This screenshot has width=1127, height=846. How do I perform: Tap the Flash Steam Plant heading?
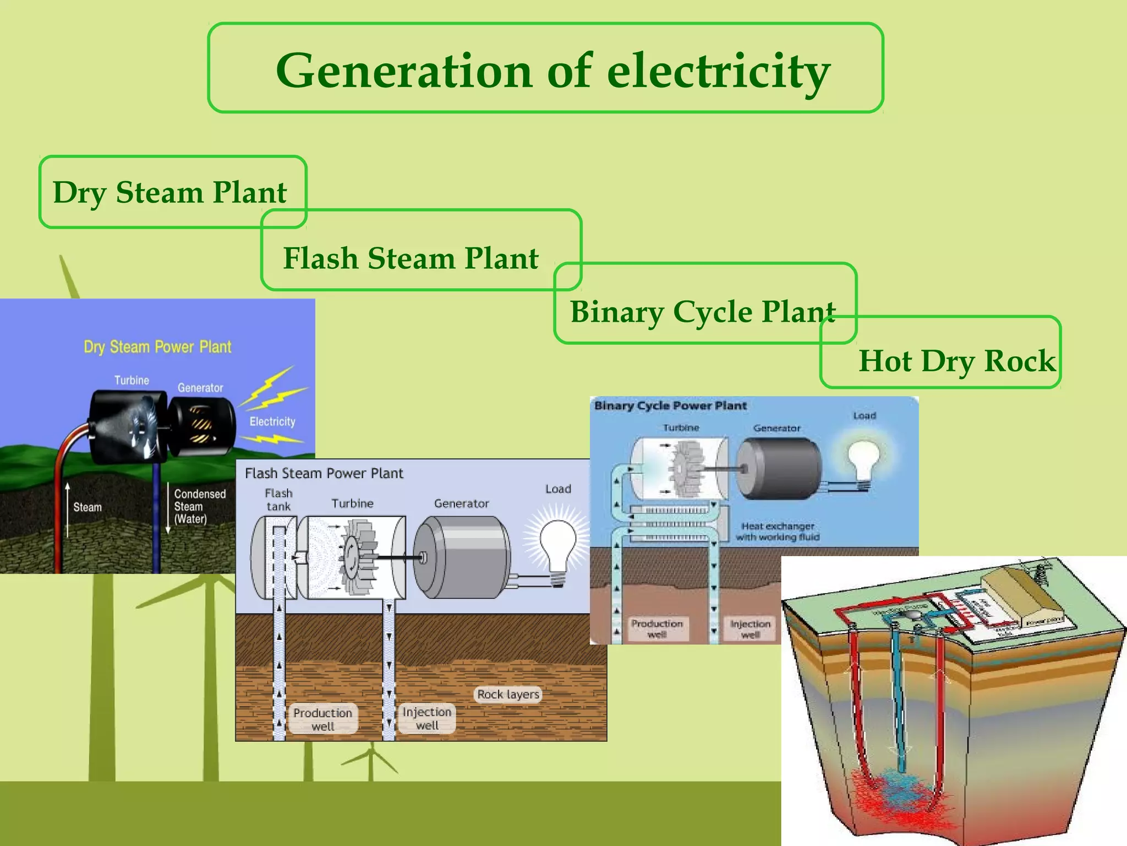tap(411, 258)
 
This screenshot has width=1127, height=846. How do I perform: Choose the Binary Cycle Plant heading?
tap(702, 312)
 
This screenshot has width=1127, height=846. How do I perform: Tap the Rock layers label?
tap(508, 694)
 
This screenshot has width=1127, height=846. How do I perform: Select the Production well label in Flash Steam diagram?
tap(322, 719)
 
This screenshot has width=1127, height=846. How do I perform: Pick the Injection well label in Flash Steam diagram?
tap(427, 718)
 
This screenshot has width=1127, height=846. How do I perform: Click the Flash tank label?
tap(278, 500)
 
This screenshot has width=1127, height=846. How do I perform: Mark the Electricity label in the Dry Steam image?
tap(272, 421)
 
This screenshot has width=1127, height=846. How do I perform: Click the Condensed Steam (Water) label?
tap(199, 506)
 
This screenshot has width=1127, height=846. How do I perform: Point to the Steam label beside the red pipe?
tap(87, 507)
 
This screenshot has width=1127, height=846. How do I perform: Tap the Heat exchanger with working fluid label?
tap(777, 532)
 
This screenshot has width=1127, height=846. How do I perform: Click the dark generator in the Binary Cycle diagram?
tap(778, 468)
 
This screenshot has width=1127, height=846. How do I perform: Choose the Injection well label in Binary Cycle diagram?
tap(750, 628)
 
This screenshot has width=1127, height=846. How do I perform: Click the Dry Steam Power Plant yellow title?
tap(157, 347)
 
